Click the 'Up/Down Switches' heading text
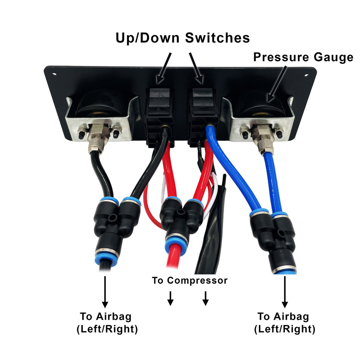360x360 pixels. pyautogui.click(x=182, y=38)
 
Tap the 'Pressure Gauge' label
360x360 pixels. pyautogui.click(x=303, y=57)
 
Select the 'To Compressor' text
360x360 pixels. pyautogui.click(x=189, y=280)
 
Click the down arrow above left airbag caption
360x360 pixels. pyautogui.click(x=105, y=292)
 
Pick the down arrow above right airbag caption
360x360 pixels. pyautogui.click(x=284, y=292)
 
